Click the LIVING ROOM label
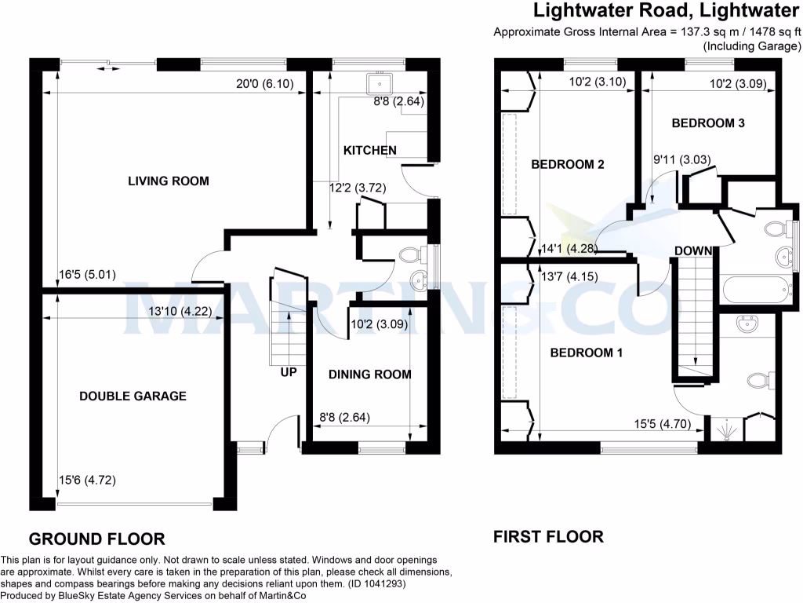[169, 181]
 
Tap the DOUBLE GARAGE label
[133, 396]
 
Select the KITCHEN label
[369, 150]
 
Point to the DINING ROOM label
[369, 375]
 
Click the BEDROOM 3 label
[708, 123]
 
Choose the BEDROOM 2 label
[567, 165]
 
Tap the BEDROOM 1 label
[586, 353]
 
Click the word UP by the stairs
[289, 371]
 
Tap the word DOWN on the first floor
[693, 251]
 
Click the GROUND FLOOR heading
[96, 539]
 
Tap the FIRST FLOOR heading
[548, 537]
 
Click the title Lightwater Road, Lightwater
[666, 12]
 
